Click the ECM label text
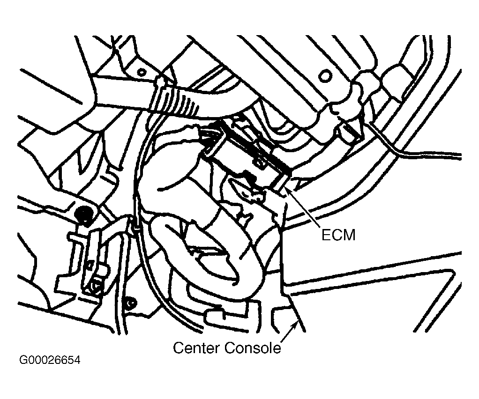[339, 235]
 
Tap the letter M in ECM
[350, 235]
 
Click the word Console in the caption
[253, 347]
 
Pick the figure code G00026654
[50, 360]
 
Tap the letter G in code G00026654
[23, 360]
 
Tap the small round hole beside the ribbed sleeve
[142, 72]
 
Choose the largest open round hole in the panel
[325, 75]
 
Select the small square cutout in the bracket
[90, 264]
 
